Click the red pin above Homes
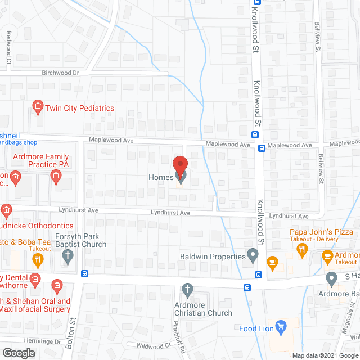click(179, 166)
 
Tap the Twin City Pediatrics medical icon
click(38, 106)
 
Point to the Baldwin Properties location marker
click(253, 256)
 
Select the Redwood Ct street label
click(8, 43)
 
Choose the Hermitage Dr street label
click(42, 341)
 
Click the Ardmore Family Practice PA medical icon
click(56, 177)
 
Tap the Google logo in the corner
click(19, 353)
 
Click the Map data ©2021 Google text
click(325, 355)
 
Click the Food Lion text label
click(256, 328)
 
